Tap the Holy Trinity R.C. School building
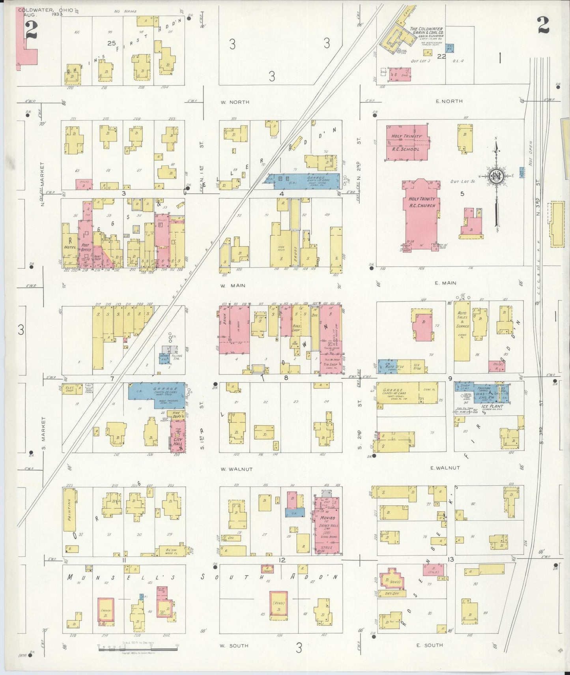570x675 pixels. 406,142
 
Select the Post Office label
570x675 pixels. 86,247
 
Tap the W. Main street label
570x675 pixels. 233,285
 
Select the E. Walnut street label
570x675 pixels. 445,468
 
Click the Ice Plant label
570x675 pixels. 492,406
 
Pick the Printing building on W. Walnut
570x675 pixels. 70,510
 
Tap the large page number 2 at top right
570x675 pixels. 543,26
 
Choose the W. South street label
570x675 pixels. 234,645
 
